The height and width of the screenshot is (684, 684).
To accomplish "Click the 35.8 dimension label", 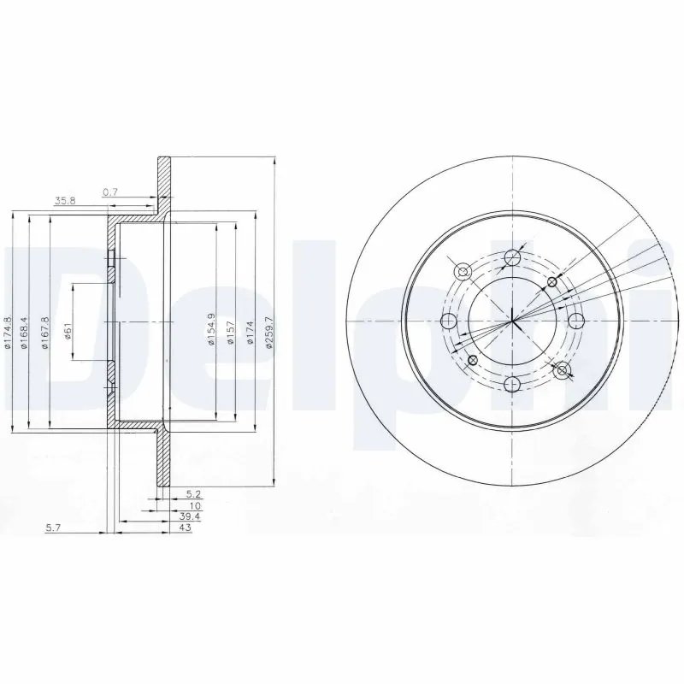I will (x=64, y=202).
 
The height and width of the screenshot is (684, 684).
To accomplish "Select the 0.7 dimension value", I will (x=110, y=192).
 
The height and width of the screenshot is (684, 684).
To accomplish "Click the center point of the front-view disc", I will (x=512, y=321).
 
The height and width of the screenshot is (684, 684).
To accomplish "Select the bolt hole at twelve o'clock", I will (x=512, y=257).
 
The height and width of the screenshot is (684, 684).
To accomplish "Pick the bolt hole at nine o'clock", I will (x=448, y=321).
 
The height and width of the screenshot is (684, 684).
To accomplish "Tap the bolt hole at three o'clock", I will (x=576, y=321).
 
